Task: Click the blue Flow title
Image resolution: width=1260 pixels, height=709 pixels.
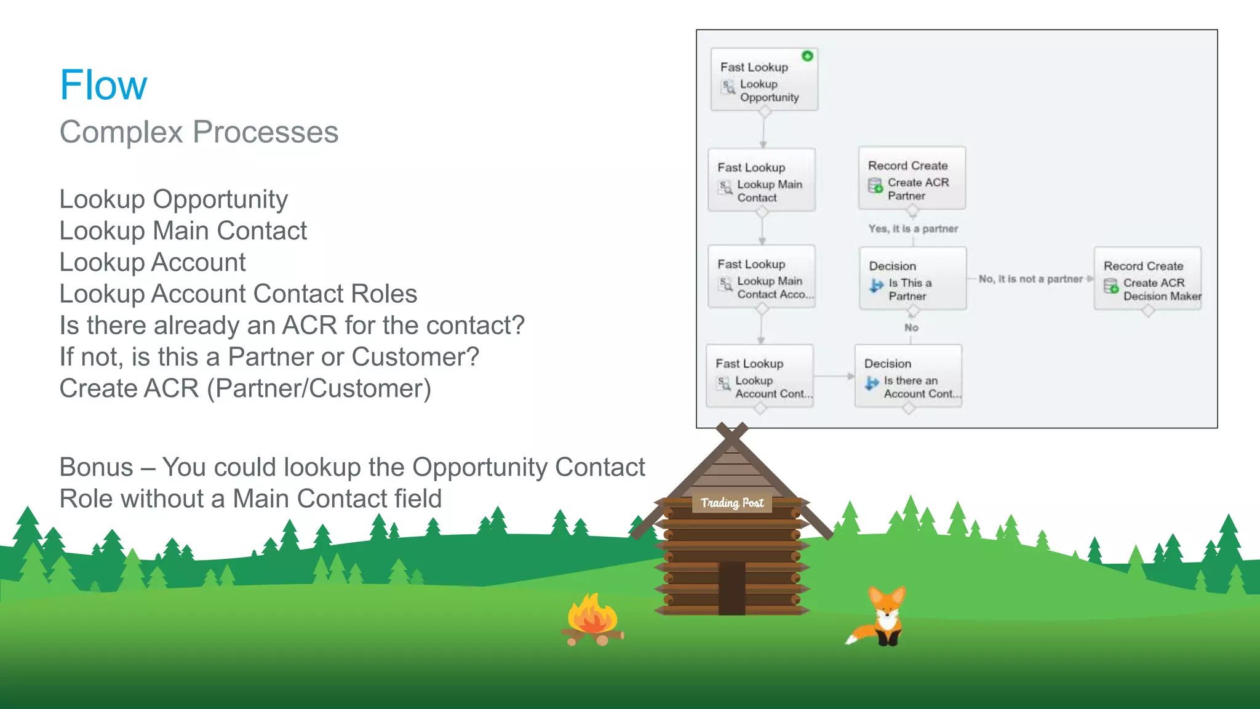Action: [103, 85]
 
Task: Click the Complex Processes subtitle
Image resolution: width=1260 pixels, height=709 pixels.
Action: [199, 132]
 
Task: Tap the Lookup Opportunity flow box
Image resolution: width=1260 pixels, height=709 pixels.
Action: [764, 80]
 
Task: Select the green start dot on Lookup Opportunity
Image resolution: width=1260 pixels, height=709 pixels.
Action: [807, 56]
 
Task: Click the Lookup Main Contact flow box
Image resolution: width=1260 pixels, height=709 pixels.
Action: [762, 180]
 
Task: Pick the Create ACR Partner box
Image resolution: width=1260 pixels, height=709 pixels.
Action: [912, 178]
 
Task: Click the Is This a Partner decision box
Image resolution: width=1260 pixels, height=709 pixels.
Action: [912, 279]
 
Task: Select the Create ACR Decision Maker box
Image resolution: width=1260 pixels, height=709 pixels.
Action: [1147, 279]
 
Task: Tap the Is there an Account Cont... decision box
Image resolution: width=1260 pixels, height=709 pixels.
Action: [908, 376]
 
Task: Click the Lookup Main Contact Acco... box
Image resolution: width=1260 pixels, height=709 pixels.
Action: [762, 277]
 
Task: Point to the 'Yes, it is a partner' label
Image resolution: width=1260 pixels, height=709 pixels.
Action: [913, 228]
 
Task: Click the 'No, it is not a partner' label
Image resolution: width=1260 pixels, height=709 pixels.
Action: [1031, 279]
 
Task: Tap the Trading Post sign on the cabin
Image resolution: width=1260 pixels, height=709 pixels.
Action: [732, 503]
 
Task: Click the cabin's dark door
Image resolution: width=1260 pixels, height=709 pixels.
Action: [732, 588]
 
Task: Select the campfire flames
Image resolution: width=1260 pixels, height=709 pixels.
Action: [592, 615]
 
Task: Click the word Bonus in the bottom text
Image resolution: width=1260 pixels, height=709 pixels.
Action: [96, 467]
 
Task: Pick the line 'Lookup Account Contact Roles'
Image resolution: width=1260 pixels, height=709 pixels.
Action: [238, 294]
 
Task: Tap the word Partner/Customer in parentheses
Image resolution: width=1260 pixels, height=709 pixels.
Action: [319, 388]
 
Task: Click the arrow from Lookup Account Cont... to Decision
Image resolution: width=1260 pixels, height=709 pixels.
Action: [834, 376]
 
